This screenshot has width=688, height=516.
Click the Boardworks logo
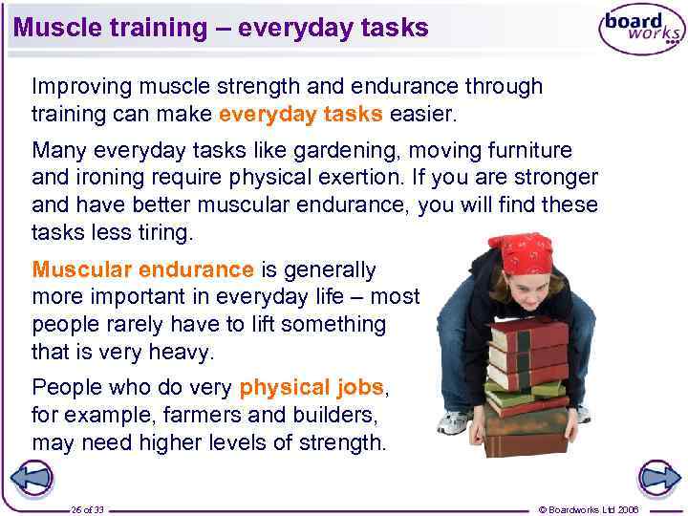(x=641, y=30)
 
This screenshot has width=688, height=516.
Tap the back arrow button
(x=32, y=478)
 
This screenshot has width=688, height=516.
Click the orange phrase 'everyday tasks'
(x=301, y=115)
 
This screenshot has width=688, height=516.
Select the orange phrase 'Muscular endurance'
(x=143, y=270)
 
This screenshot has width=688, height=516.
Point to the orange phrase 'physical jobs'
(x=311, y=388)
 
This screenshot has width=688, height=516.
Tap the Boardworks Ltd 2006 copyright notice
(x=589, y=509)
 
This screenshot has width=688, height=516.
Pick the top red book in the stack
(x=530, y=335)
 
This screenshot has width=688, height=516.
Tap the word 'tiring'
(x=162, y=232)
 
